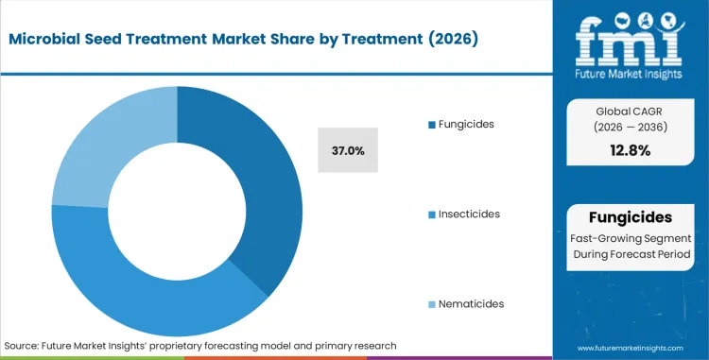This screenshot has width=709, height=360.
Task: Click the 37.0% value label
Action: click(349, 150)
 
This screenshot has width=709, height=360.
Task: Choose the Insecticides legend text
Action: click(469, 214)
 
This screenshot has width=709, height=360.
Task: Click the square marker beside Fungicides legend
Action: click(432, 125)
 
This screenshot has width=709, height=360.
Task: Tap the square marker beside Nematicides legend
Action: click(432, 304)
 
